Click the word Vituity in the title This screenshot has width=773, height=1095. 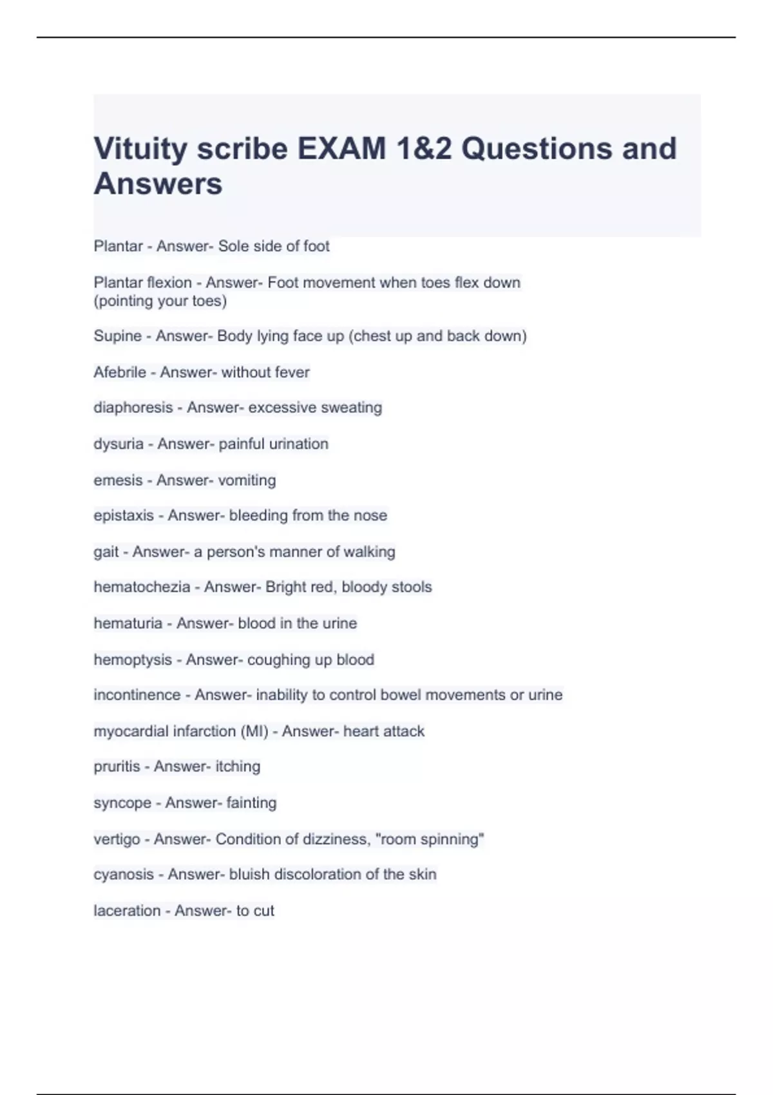(x=141, y=149)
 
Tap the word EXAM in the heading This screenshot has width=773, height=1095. (x=341, y=149)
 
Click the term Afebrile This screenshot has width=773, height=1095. (x=120, y=372)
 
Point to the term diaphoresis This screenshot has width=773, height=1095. (x=133, y=408)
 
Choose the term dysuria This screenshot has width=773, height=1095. (x=119, y=444)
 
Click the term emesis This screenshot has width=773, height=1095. (x=118, y=481)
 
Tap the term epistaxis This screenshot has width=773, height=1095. (x=124, y=515)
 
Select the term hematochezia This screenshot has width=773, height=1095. (x=142, y=587)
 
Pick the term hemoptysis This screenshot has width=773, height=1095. (x=133, y=660)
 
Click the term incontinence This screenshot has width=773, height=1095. (x=137, y=695)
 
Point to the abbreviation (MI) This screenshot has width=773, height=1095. (x=254, y=732)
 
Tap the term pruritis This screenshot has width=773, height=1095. (x=117, y=766)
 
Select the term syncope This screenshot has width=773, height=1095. (x=122, y=803)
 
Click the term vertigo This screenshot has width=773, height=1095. (x=117, y=839)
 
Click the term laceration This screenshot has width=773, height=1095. (x=127, y=911)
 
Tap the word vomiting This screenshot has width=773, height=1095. (x=247, y=481)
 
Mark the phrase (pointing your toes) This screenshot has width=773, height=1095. (x=160, y=301)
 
